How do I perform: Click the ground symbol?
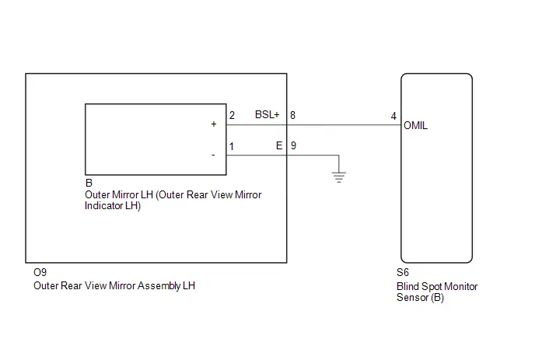click(x=339, y=177)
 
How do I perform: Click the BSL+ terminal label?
click(x=267, y=114)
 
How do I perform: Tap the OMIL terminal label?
click(x=415, y=126)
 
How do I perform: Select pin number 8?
click(x=292, y=115)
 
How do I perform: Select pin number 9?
click(x=293, y=145)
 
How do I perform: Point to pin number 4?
click(x=393, y=117)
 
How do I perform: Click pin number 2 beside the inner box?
click(x=232, y=115)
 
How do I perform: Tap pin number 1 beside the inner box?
click(x=232, y=146)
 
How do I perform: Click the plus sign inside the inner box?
click(x=214, y=124)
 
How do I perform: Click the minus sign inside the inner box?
click(x=213, y=156)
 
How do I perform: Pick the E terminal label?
click(x=279, y=145)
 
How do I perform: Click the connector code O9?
click(x=40, y=272)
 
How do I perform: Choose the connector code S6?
click(x=403, y=272)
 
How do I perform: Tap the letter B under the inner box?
click(x=89, y=183)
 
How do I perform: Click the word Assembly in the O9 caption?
click(x=159, y=285)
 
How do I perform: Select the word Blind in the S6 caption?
click(x=407, y=286)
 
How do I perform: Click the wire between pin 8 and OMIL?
click(x=344, y=125)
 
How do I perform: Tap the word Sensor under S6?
click(x=412, y=297)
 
